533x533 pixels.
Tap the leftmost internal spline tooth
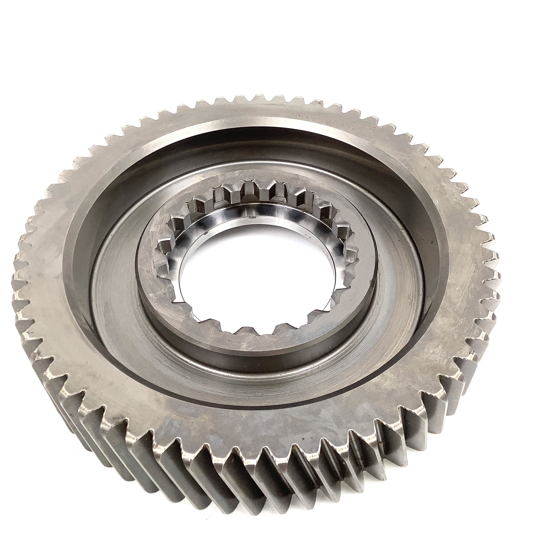[x=162, y=245]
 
